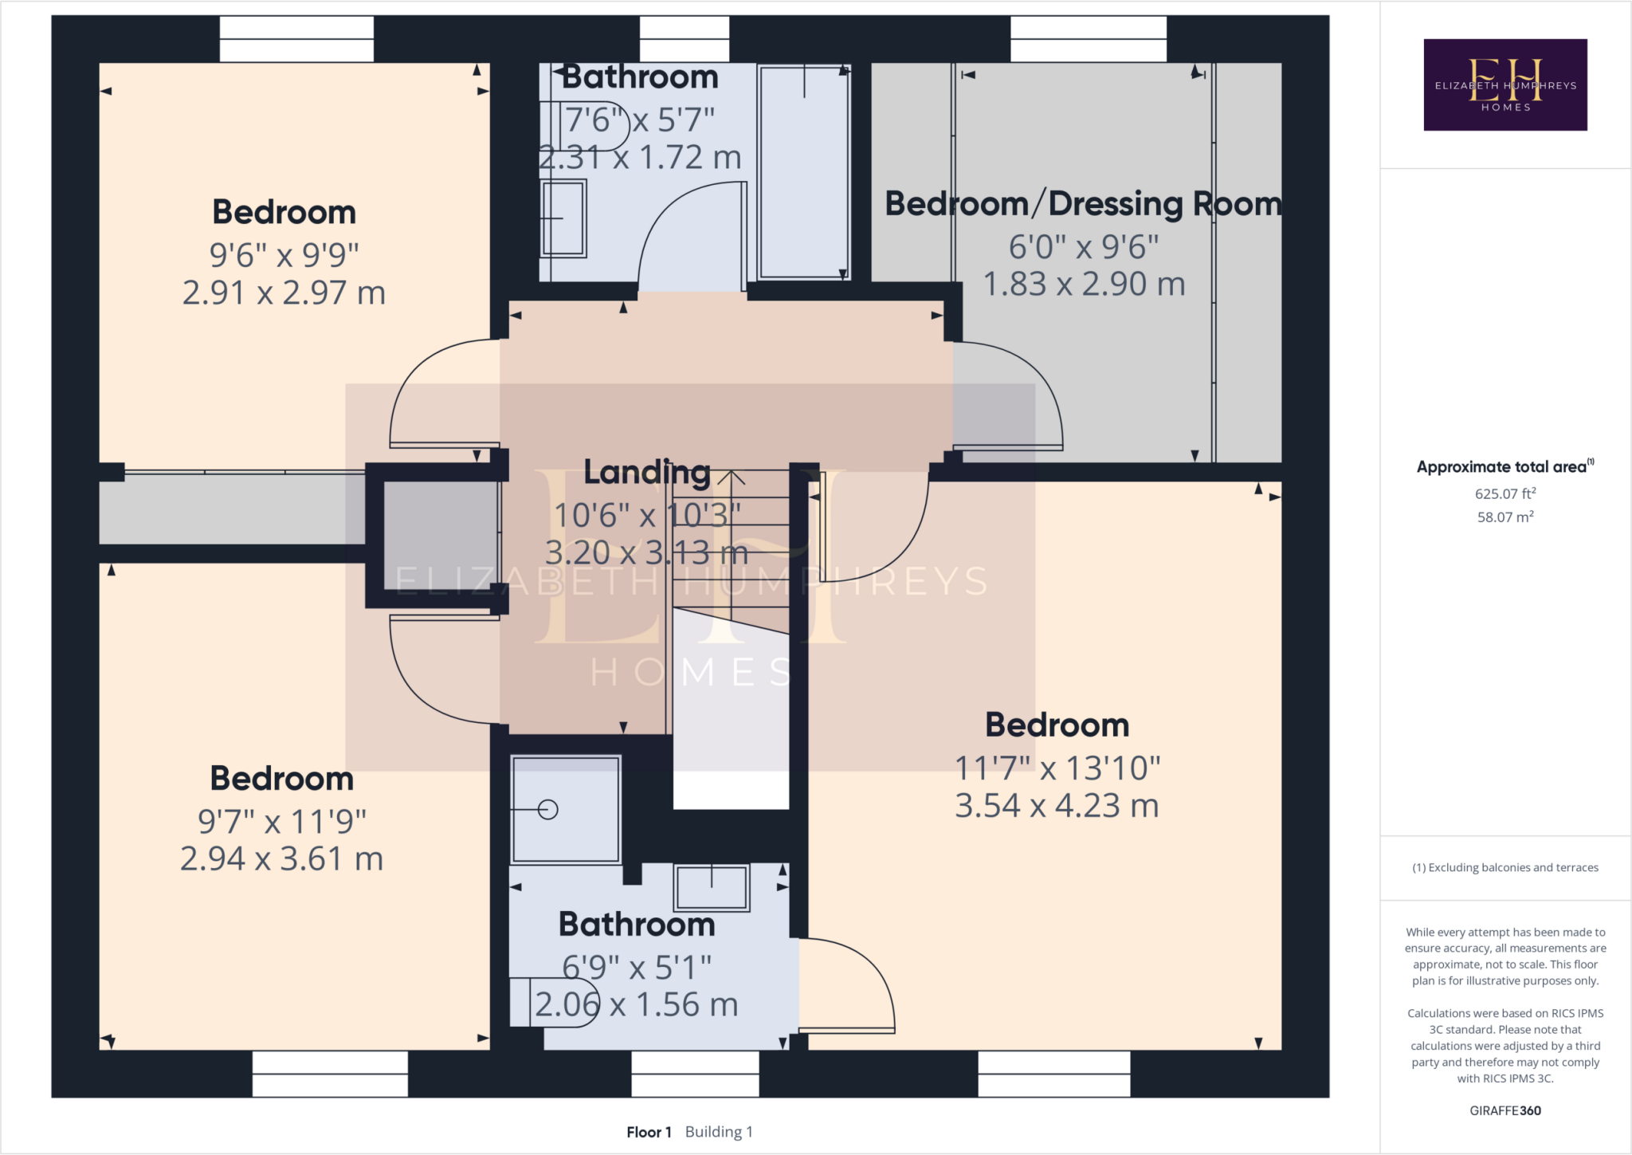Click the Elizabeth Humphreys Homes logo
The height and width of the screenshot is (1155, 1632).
(1504, 84)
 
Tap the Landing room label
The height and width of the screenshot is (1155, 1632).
(646, 472)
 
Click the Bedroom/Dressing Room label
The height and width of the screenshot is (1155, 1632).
(1082, 204)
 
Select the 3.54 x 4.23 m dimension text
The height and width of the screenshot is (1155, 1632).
(1057, 806)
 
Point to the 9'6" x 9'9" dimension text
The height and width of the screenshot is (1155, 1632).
(284, 255)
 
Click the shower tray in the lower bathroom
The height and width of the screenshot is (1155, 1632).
(565, 809)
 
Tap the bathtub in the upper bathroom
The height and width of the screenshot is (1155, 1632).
(803, 171)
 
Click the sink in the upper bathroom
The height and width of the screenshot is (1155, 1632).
(563, 218)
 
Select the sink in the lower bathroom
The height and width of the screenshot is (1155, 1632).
(711, 887)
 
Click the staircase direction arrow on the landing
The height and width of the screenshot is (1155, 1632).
(731, 479)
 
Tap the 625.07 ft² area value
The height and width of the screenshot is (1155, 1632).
(1504, 493)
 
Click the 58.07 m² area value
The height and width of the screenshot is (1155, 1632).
(1504, 517)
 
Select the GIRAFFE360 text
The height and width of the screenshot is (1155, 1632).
(1504, 1110)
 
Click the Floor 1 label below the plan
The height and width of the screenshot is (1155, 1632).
(649, 1132)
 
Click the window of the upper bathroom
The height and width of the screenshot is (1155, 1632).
(684, 39)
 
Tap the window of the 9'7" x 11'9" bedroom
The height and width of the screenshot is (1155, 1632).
(330, 1073)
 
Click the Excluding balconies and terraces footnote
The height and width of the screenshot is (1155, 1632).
(1504, 867)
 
